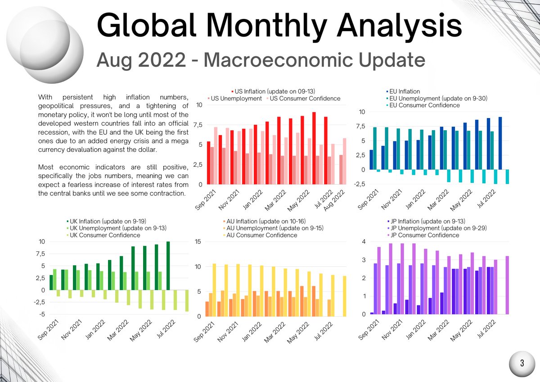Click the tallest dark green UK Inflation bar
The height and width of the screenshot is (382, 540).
pos(168,266)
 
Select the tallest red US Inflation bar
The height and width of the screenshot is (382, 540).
pos(314,148)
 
